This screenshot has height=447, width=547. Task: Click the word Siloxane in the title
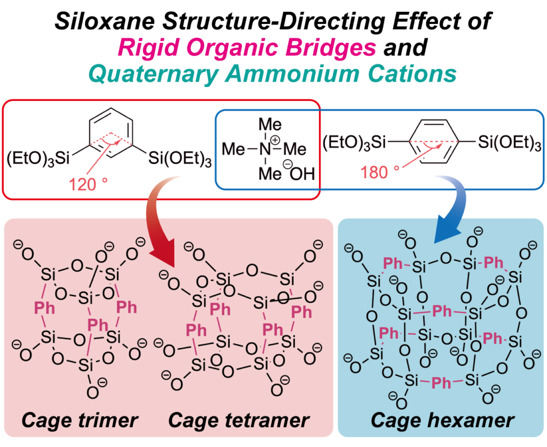pos(105,21)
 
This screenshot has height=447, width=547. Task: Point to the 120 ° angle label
pos(88,184)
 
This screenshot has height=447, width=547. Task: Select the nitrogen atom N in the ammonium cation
pos(265,150)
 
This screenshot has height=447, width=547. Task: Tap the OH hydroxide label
pos(302,173)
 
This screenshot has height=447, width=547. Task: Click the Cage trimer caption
pos(80,420)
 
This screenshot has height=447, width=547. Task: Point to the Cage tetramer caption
pos(239,420)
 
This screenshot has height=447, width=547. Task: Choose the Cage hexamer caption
pos(442,420)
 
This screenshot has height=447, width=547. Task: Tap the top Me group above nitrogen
pos(270,124)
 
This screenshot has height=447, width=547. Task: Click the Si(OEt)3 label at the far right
pos(510,143)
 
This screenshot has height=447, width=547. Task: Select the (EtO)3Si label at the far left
pos(38,159)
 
